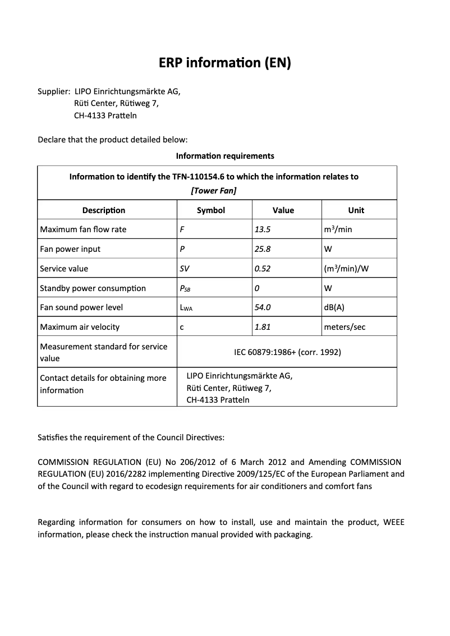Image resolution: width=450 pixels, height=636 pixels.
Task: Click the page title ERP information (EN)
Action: coord(224,63)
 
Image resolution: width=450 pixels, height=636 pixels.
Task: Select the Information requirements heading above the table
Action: coord(224,155)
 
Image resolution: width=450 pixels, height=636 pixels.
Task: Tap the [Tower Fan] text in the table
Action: coord(213,191)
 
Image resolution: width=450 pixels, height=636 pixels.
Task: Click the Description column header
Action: coord(104,210)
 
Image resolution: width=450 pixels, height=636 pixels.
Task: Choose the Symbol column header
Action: coord(211,210)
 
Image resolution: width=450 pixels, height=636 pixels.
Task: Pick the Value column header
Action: coord(283,210)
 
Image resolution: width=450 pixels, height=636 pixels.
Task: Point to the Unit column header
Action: coord(356,210)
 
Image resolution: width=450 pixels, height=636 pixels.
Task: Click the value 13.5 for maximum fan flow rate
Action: coord(263,229)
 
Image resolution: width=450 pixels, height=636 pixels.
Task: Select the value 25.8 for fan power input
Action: coord(263,249)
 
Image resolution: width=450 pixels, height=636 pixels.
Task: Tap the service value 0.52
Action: coord(263,269)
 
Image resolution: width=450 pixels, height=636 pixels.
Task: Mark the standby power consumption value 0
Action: coord(256,288)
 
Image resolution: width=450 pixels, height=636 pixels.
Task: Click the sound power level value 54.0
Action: coord(263,307)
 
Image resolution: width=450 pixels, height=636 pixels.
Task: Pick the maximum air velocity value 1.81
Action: coord(263,327)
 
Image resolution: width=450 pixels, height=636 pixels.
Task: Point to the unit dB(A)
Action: coord(334,307)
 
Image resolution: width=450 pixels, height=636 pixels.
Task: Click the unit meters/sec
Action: coord(345,327)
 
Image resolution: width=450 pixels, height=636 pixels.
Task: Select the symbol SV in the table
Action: coord(184,269)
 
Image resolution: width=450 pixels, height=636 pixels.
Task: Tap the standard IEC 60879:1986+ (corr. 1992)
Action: coord(287,352)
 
